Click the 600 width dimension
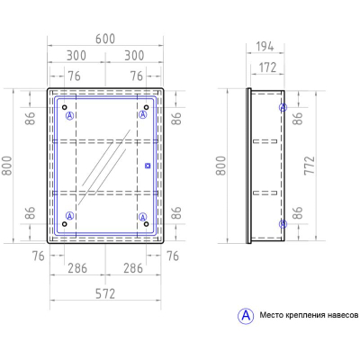(105, 39)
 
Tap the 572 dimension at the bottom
(105, 293)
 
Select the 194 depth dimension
(265, 47)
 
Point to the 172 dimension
(267, 67)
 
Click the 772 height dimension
(310, 166)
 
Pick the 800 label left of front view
(6, 166)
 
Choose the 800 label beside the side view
(221, 166)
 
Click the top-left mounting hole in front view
(65, 107)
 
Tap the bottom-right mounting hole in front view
(146, 224)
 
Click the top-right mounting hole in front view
(146, 107)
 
